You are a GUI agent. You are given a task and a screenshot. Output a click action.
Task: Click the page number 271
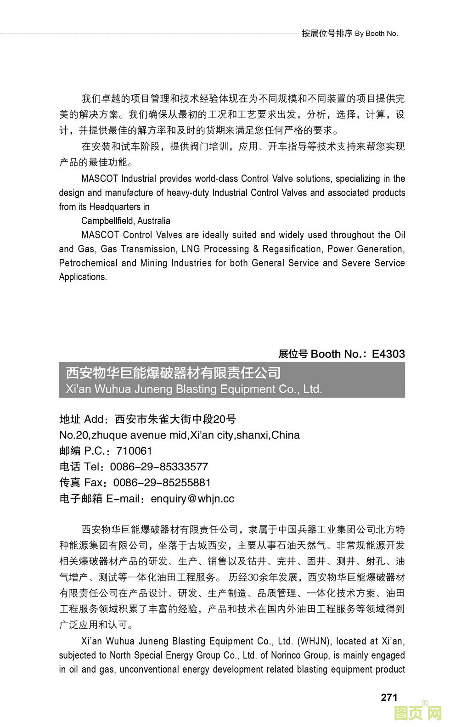[x=389, y=697]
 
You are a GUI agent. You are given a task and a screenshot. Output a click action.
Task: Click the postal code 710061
[x=134, y=451]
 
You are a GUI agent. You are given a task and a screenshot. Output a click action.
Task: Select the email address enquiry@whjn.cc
[x=192, y=498]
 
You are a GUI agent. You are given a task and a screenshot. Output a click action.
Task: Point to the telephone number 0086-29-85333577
[x=159, y=467]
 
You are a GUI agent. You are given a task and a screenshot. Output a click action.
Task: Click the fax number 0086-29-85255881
[x=162, y=482]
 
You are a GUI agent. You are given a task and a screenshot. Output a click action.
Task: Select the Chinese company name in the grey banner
[x=173, y=372]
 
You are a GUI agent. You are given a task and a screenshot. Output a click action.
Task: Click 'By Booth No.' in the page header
[x=377, y=33]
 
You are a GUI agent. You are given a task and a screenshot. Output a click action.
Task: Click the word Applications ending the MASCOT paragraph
[x=83, y=277]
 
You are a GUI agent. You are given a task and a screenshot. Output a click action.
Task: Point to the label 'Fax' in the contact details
[x=94, y=482]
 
